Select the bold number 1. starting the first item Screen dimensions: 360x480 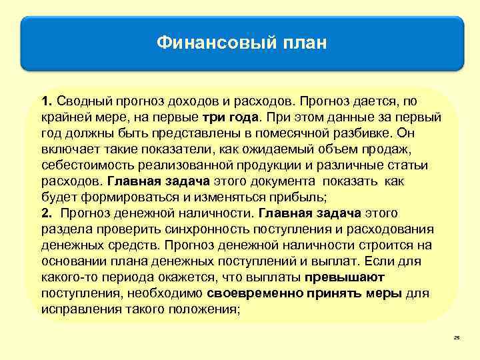47,101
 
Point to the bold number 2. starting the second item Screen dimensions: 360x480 47,213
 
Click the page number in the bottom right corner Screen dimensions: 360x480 457,339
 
